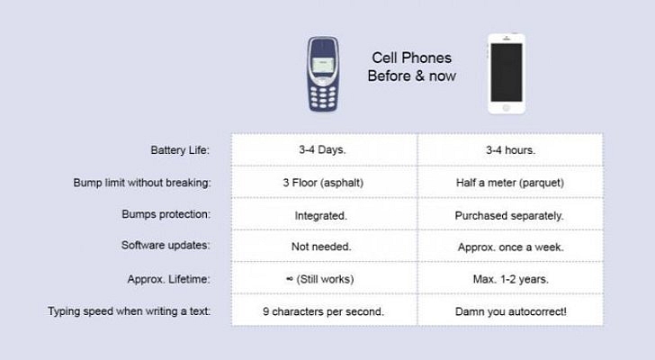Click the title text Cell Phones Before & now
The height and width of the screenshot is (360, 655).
tap(411, 67)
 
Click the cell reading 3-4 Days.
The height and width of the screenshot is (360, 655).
tap(322, 149)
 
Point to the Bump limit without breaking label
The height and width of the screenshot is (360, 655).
tap(142, 183)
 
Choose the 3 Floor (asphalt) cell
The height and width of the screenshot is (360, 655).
tap(322, 183)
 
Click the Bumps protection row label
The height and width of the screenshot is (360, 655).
tap(166, 215)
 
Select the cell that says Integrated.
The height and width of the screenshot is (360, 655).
tap(322, 216)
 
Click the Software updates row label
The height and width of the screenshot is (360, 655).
tap(166, 245)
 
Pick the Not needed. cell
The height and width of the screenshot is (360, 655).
tap(322, 246)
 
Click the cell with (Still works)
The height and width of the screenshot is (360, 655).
tap(322, 278)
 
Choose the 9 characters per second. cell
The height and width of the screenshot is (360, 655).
tap(322, 311)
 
